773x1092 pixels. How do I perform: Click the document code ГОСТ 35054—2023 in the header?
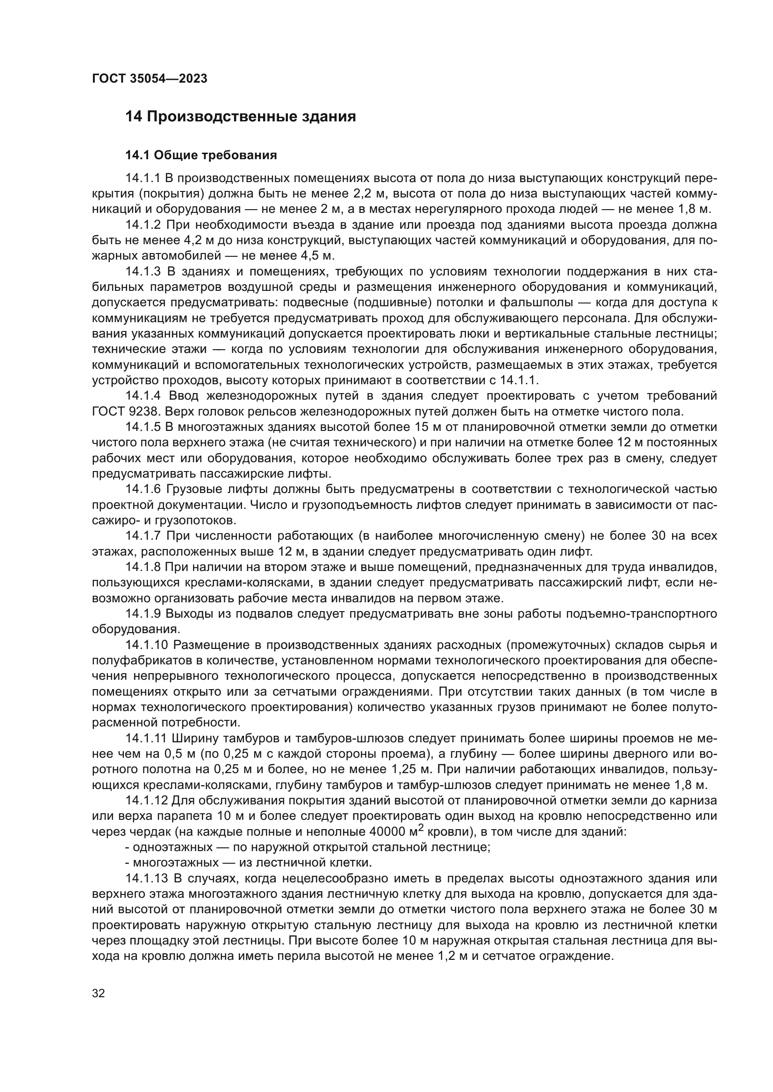(x=150, y=79)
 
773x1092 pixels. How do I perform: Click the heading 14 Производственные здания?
(x=240, y=117)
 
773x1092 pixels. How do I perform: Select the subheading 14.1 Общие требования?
(x=201, y=155)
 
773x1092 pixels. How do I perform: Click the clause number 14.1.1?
(x=143, y=178)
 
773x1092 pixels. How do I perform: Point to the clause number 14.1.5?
(x=143, y=427)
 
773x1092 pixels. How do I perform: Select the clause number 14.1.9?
(x=143, y=614)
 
